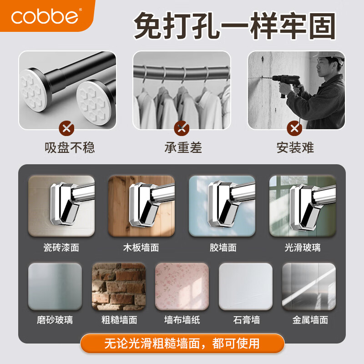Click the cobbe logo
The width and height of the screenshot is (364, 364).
45,16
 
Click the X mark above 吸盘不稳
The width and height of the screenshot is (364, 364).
67,128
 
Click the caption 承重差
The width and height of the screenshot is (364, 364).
183,148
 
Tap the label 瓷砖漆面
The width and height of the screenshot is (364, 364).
61,248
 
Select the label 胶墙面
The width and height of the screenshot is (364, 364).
223,248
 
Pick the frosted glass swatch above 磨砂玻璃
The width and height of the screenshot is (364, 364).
55,286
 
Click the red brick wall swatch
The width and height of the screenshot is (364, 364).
119,286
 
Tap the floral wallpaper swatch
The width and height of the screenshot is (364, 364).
182,286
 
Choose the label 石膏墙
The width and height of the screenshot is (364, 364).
246,320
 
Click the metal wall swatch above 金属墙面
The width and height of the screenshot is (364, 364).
309,286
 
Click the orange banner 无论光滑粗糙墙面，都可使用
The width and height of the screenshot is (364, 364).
182,343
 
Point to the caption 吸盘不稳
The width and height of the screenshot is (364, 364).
70,148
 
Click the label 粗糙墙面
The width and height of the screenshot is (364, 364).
119,320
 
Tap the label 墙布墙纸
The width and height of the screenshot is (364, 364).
182,320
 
